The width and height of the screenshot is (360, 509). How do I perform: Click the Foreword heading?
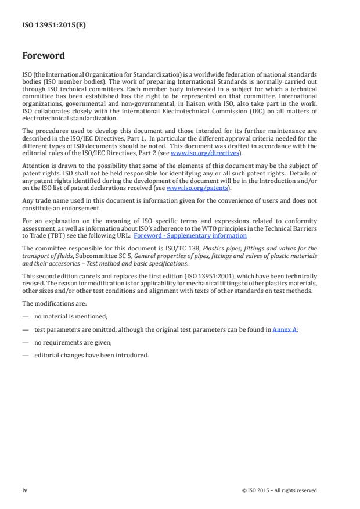click(44, 56)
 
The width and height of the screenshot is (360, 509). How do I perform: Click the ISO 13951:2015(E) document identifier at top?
click(54, 25)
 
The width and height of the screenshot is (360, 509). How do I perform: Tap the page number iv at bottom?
click(25, 490)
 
